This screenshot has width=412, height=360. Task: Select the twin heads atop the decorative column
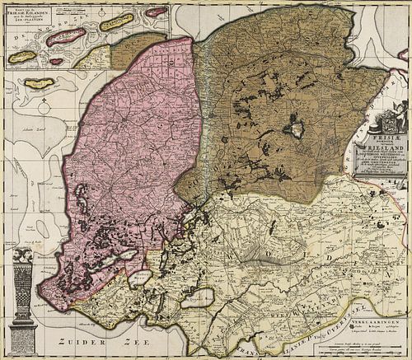pos(22,255)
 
